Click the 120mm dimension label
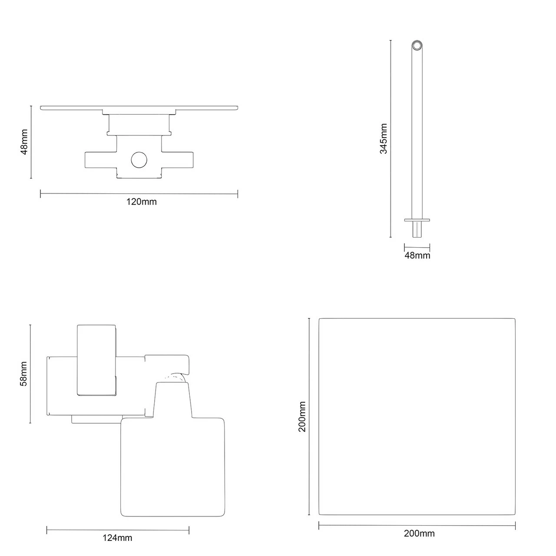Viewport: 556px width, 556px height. pos(141,202)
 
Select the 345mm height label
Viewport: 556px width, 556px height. pos(384,139)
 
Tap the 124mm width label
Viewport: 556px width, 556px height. pos(117,538)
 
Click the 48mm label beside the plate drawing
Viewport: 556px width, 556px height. pos(24,142)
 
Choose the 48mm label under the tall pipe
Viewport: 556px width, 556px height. pos(417,255)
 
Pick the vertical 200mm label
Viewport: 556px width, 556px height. pos(302,417)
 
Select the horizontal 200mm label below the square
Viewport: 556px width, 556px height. pos(419,533)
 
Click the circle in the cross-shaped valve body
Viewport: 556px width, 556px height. pos(139,160)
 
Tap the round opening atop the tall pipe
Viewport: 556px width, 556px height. pos(417,46)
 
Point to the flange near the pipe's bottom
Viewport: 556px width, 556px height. pos(417,220)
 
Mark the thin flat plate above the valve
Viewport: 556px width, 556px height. pos(139,107)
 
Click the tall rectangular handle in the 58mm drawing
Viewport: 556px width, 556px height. pos(96,361)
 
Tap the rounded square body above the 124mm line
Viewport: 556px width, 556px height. pos(172,467)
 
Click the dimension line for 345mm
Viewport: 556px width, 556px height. pos(391,139)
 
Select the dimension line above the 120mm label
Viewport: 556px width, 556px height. pos(139,194)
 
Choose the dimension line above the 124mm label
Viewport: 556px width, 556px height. pos(117,530)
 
